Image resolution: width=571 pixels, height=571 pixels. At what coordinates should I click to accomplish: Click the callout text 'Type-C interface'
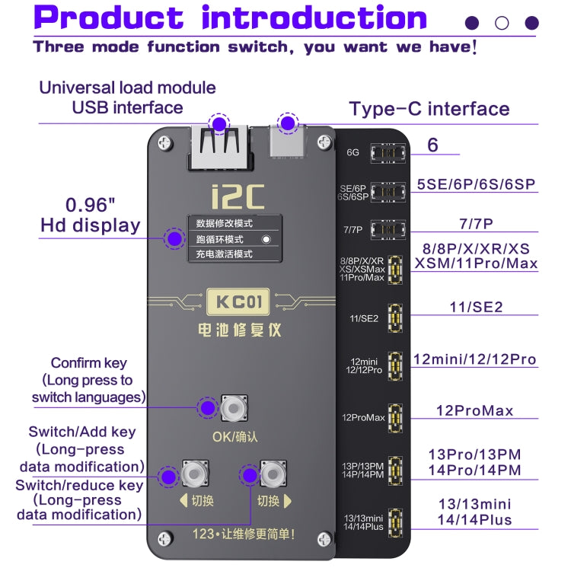tap(429, 109)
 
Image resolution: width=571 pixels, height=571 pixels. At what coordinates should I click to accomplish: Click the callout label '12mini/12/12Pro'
tap(474, 359)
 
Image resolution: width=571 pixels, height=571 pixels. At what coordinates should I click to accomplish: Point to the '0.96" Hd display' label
tap(90, 215)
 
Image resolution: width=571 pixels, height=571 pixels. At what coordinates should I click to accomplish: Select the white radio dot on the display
tap(266, 239)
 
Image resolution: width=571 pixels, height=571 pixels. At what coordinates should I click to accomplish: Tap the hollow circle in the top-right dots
tap(502, 23)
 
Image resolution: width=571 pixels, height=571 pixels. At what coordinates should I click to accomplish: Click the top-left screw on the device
tap(163, 142)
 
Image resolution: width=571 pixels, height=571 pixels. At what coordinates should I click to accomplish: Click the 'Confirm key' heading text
tap(88, 363)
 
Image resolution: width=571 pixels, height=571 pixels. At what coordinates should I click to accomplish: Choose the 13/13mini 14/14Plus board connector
tap(394, 522)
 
